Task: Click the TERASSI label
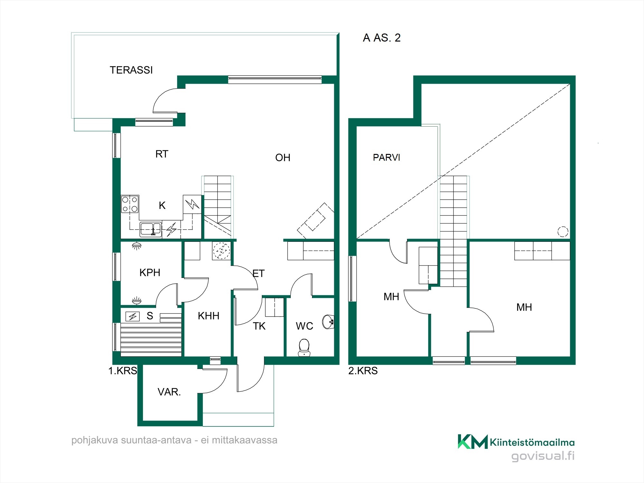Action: (x=131, y=70)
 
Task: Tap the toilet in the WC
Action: (x=304, y=347)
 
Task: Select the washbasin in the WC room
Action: (x=328, y=322)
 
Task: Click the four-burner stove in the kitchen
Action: (x=130, y=204)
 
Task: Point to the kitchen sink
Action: (x=151, y=229)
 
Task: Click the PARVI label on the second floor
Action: (x=386, y=157)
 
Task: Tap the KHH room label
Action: (x=208, y=316)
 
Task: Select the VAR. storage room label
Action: (x=169, y=392)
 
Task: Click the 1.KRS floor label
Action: (x=123, y=371)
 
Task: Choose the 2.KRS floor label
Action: (x=363, y=371)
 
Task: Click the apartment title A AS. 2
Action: (x=382, y=38)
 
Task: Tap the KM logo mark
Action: (x=473, y=441)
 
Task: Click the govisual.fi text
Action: (x=543, y=456)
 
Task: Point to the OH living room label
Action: (x=283, y=157)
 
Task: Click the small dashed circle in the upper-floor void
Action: (x=563, y=232)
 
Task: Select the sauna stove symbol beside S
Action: (x=133, y=317)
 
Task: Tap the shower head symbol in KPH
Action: (x=137, y=246)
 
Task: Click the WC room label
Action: (x=304, y=326)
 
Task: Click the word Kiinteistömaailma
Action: (x=532, y=442)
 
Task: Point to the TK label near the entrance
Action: (x=259, y=326)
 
